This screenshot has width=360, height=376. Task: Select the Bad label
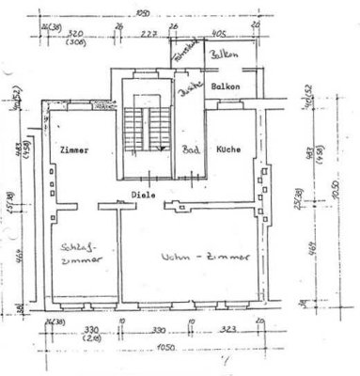point(189,150)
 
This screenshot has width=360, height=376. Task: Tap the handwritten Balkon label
point(224,55)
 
